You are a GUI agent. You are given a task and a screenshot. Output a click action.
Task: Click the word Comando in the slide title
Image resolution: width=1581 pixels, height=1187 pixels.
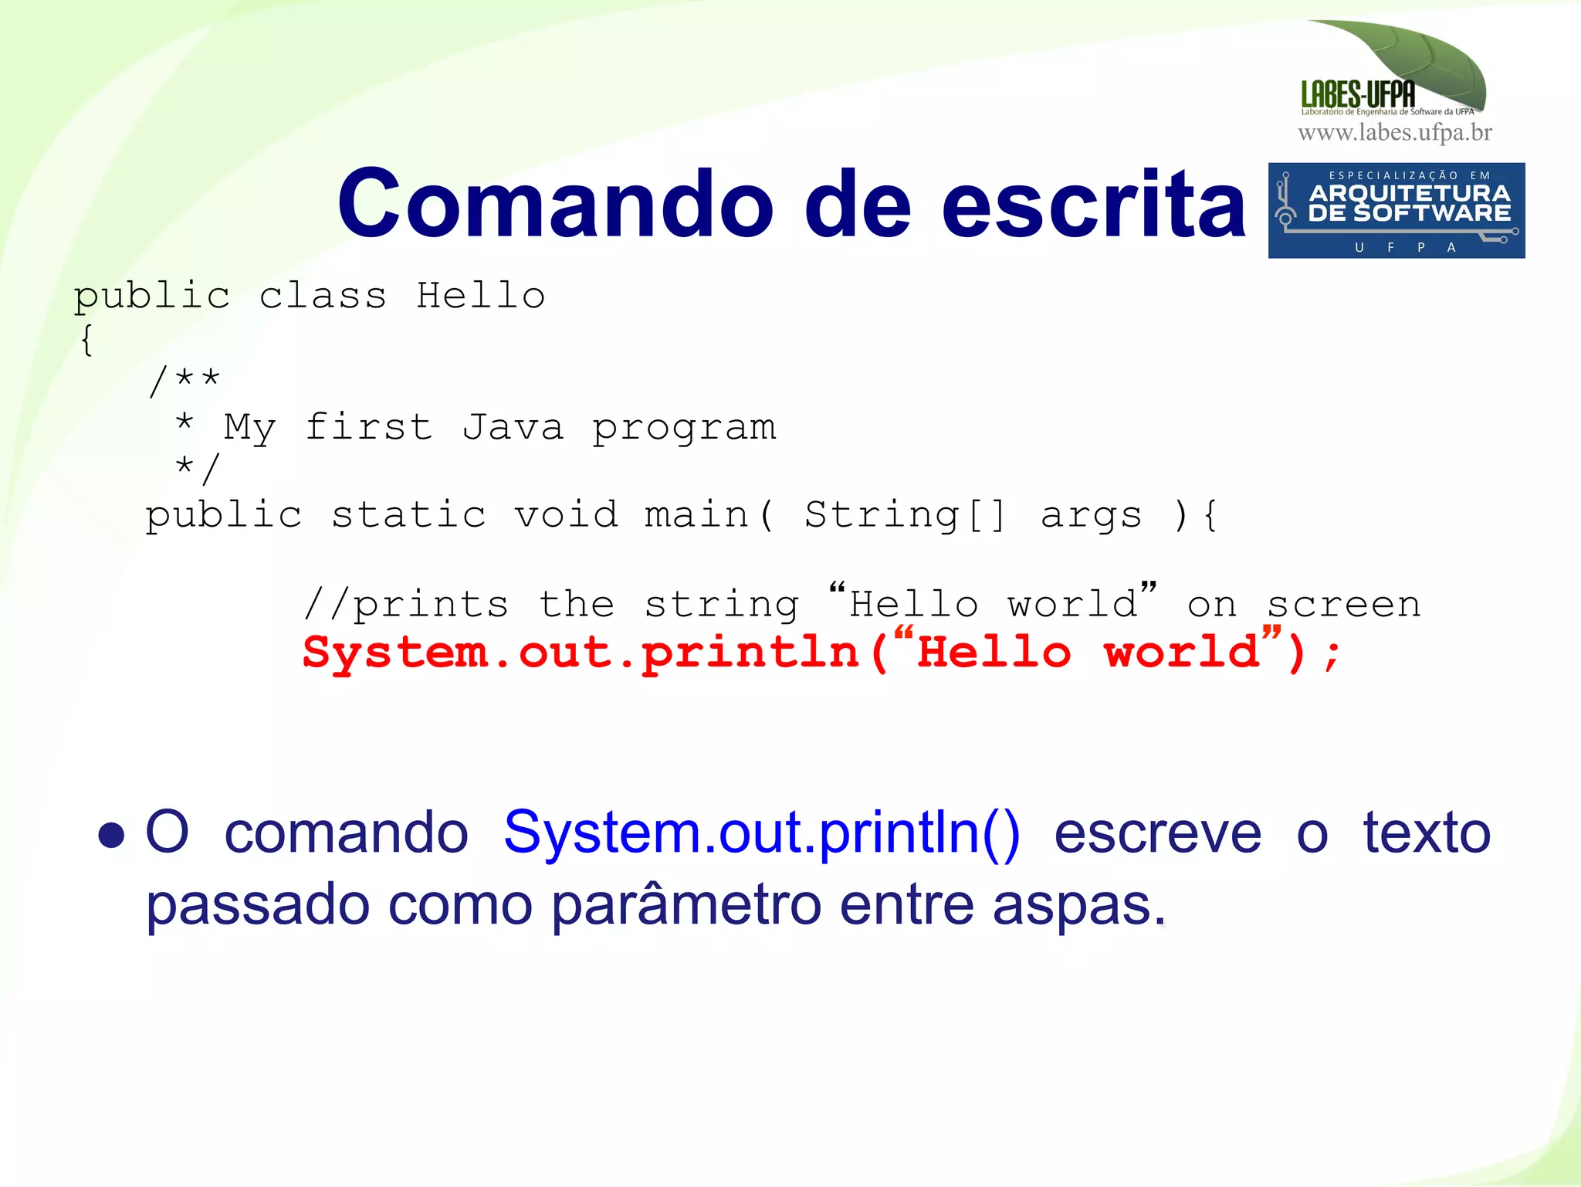point(555,204)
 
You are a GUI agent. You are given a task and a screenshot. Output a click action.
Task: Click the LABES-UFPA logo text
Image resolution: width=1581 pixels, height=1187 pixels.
point(1358,95)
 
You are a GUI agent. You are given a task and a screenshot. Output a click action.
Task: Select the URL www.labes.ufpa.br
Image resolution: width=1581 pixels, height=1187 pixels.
point(1395,133)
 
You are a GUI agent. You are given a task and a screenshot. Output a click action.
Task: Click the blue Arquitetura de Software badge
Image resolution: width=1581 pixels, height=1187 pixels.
point(1396,210)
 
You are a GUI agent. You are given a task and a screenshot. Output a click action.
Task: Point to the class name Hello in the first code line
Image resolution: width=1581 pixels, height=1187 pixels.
point(481,296)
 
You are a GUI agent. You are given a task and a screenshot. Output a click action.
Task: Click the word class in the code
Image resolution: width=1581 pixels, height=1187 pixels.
point(323,296)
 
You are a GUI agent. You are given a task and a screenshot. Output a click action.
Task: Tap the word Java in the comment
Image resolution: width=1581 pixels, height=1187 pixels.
point(513,427)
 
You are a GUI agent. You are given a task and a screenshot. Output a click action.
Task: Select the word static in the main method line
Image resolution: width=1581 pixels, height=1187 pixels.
point(409,515)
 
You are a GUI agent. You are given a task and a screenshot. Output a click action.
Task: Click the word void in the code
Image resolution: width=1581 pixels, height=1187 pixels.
point(566,515)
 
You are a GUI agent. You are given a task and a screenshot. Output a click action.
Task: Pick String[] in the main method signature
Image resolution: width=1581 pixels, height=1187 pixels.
point(906,515)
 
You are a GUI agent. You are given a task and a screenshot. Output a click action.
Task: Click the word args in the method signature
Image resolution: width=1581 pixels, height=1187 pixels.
point(1091,515)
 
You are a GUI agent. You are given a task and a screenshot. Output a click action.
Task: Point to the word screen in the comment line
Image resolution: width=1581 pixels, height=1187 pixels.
point(1344,605)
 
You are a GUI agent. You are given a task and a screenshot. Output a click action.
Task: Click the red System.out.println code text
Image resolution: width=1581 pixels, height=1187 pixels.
point(581,653)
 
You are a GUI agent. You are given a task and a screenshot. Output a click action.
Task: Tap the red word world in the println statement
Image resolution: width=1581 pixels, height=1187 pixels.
point(1182,653)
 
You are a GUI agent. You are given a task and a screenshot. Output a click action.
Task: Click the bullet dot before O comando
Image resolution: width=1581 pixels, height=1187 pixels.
point(112,836)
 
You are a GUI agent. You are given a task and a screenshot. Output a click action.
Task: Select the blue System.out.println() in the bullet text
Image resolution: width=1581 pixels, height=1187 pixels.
point(761,833)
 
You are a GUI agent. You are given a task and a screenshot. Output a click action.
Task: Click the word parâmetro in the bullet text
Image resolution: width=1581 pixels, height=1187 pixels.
point(686,904)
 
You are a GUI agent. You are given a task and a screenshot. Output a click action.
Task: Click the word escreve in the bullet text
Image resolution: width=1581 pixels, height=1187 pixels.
point(1158,833)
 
